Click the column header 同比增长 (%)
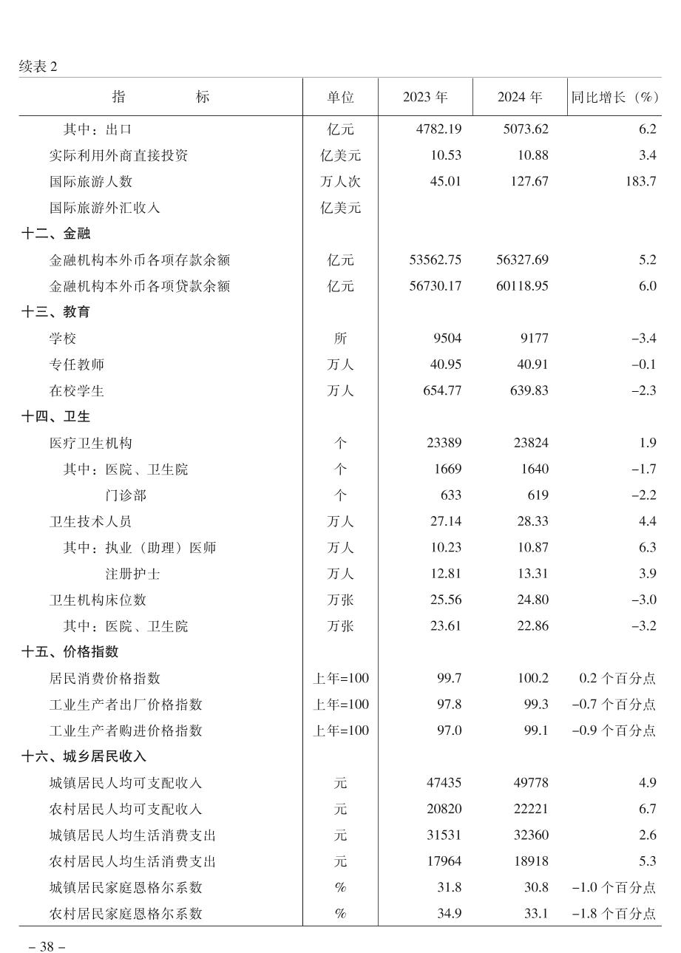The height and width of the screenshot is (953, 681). pos(614,97)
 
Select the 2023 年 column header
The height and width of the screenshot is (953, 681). pos(425,97)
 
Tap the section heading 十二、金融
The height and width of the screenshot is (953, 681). pos(56,234)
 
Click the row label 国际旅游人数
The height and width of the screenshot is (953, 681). pos(91,181)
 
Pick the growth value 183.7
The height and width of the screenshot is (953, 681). pos(640,181)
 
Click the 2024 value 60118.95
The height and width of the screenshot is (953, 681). pos(522,286)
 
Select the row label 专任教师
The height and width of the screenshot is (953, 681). pos(77,364)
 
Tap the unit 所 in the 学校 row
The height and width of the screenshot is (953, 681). pos(340,339)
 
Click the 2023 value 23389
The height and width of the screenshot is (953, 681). pos(444,443)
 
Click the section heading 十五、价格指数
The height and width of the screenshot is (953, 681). pos(70,652)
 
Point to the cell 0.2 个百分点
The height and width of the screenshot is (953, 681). pos(617,679)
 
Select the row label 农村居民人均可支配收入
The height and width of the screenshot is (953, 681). pos(126,810)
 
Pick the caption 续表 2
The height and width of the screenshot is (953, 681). pos(38,67)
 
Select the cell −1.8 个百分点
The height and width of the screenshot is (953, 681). pos(614,914)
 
